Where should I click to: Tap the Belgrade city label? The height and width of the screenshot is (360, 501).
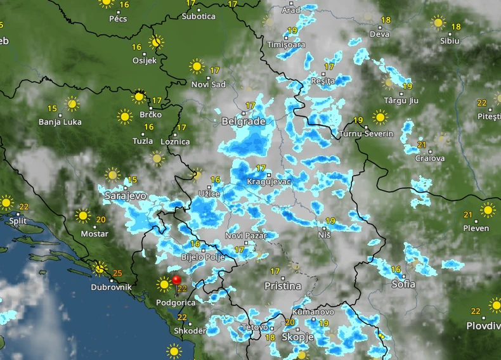[x=244, y=121]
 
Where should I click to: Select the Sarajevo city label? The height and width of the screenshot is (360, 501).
[x=126, y=196]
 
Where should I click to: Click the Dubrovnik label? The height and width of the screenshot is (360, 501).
[x=111, y=287]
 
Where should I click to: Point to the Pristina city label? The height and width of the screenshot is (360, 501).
[x=283, y=286]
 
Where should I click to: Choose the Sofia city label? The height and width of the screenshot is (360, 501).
[x=403, y=284]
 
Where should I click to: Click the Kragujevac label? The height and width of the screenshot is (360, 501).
[x=269, y=182]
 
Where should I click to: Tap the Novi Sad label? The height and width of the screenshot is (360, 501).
[x=209, y=84]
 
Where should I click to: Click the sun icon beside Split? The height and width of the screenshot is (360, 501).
[x=6, y=203]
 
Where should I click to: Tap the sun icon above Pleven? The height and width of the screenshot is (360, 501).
[x=488, y=210]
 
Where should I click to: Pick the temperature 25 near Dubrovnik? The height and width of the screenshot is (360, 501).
[x=117, y=274]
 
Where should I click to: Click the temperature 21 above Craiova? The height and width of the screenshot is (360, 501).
[x=422, y=145]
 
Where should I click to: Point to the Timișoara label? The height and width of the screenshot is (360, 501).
[x=286, y=45]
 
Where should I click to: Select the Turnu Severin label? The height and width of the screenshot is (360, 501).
[x=367, y=134]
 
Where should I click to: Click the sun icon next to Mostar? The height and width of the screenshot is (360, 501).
[x=82, y=216]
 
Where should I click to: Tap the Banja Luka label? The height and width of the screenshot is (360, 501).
[x=60, y=122]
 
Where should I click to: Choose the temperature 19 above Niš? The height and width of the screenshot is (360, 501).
[x=330, y=221]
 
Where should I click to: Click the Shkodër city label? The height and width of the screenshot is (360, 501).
[x=191, y=331]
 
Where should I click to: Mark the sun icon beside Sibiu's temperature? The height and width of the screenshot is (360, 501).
[x=438, y=23]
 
